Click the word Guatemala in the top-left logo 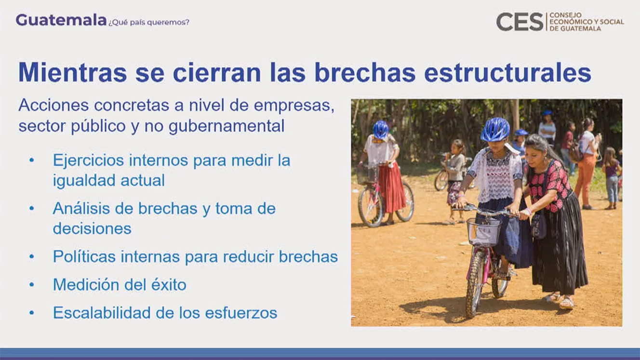pyautogui.click(x=61, y=20)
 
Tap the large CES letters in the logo pyautogui.click(x=520, y=21)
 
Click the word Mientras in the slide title pyautogui.click(x=73, y=73)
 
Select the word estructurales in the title pyautogui.click(x=508, y=73)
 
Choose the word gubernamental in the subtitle pyautogui.click(x=227, y=126)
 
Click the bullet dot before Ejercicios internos pyautogui.click(x=32, y=160)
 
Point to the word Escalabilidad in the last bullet pyautogui.click(x=102, y=312)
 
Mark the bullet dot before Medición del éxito pyautogui.click(x=32, y=284)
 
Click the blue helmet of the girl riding pyautogui.click(x=495, y=129)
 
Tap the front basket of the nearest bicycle pyautogui.click(x=483, y=232)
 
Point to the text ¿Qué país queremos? pyautogui.click(x=148, y=22)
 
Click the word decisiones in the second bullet pyautogui.click(x=92, y=228)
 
